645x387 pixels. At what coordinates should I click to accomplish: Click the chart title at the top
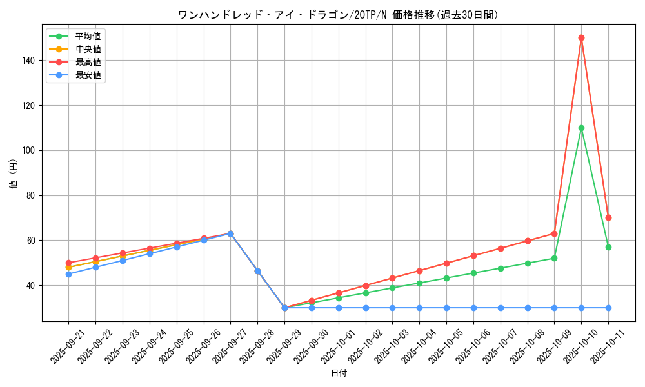tap(338, 15)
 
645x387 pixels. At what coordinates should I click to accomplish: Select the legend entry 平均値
tap(88, 36)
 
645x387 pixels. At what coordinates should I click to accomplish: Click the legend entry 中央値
tap(88, 49)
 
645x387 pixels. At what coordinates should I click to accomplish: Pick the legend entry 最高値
tap(88, 62)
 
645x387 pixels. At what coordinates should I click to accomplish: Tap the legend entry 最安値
tap(88, 75)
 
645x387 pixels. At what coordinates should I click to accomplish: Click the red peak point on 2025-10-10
tap(581, 38)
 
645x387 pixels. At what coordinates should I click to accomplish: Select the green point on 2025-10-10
tap(581, 128)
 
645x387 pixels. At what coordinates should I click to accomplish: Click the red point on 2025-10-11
tap(608, 217)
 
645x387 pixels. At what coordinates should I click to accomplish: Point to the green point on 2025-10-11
tap(608, 247)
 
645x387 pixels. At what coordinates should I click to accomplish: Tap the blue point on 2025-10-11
tap(608, 308)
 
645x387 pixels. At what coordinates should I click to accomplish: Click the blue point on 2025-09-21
tap(68, 274)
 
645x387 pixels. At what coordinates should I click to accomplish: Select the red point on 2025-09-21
tap(68, 263)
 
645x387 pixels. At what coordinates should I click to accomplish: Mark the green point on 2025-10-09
tap(554, 258)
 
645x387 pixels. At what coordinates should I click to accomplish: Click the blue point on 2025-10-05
tap(446, 308)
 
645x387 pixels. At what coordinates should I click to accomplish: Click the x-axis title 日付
tap(338, 373)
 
